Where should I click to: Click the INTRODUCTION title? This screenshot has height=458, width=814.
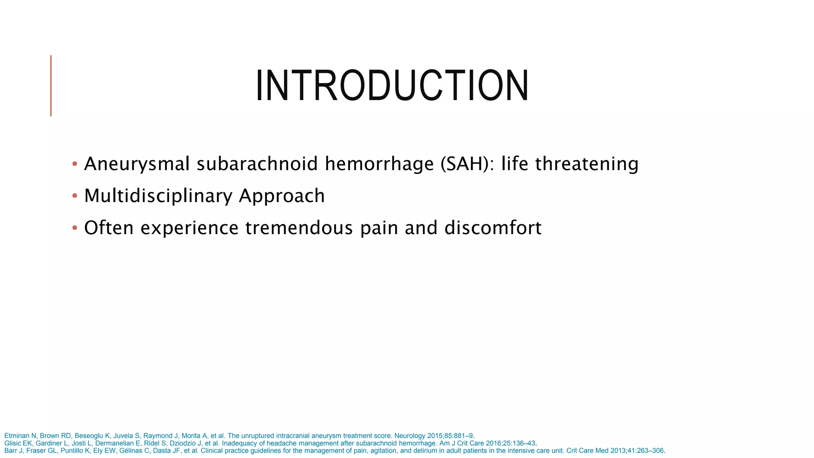[392, 86]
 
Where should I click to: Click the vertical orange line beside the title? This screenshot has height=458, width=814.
[51, 86]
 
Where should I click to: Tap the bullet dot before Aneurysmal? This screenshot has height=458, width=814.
[75, 164]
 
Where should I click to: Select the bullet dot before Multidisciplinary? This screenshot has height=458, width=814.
[75, 196]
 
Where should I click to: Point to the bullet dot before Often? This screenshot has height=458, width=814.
[75, 228]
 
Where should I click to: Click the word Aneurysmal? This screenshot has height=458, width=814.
[137, 164]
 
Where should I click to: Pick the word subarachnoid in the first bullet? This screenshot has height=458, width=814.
[257, 164]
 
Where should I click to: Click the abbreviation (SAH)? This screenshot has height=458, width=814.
[467, 164]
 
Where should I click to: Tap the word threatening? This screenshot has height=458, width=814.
[587, 164]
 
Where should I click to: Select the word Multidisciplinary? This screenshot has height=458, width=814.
[158, 196]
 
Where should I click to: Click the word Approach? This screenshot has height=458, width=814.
[282, 196]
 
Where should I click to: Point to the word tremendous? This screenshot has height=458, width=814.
[299, 228]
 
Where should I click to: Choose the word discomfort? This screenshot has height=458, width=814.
[493, 228]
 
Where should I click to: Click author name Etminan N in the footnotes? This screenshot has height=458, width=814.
[20, 436]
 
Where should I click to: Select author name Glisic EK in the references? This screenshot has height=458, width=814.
[18, 443]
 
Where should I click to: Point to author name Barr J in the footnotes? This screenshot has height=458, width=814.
[14, 451]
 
